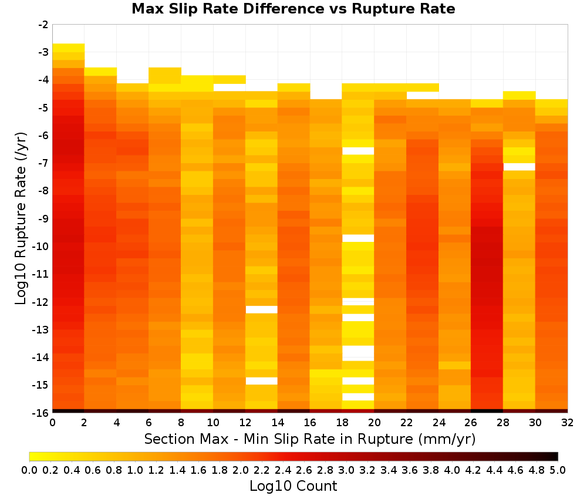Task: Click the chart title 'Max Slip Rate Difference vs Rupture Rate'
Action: (x=293, y=9)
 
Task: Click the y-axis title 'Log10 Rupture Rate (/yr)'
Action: (x=21, y=218)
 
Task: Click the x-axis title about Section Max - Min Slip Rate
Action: (x=310, y=439)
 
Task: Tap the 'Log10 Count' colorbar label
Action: (x=293, y=486)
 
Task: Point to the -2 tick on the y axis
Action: (x=43, y=25)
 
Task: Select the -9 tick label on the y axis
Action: (x=43, y=218)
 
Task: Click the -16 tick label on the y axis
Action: (x=41, y=413)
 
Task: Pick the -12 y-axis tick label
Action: (x=41, y=302)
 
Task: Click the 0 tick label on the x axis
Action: (x=52, y=423)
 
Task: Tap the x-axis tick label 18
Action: (x=342, y=423)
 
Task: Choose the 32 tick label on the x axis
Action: (x=568, y=423)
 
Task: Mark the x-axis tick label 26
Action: (x=471, y=423)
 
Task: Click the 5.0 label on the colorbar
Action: (x=558, y=470)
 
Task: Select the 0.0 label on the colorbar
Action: (x=29, y=470)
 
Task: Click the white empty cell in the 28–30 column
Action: (x=519, y=167)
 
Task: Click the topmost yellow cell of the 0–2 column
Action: (x=69, y=48)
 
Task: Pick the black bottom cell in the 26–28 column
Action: (x=487, y=411)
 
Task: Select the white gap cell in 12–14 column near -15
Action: (x=262, y=381)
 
